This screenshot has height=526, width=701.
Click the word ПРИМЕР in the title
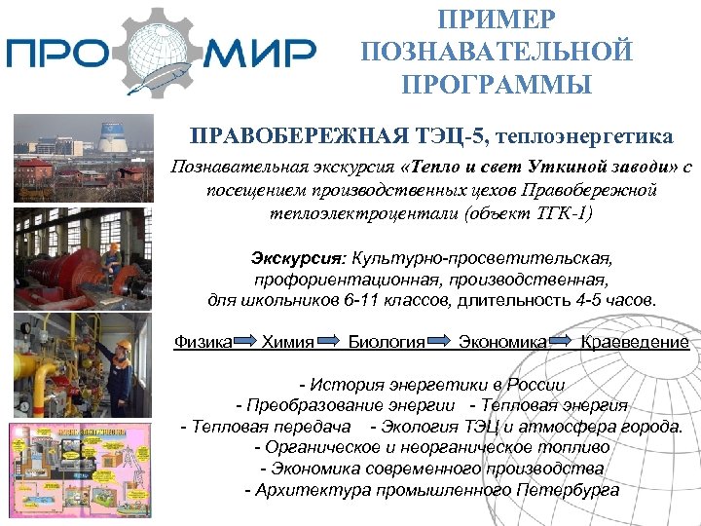click(497, 19)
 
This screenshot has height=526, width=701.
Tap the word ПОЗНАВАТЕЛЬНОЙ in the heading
click(497, 52)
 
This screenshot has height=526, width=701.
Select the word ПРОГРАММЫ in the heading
click(497, 85)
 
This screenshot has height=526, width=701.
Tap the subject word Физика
click(202, 342)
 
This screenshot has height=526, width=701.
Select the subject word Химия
click(288, 342)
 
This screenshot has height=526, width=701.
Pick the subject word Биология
click(387, 342)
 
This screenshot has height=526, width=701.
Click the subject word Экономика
click(501, 342)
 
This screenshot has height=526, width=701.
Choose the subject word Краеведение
click(635, 342)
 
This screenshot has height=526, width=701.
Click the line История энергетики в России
click(432, 383)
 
